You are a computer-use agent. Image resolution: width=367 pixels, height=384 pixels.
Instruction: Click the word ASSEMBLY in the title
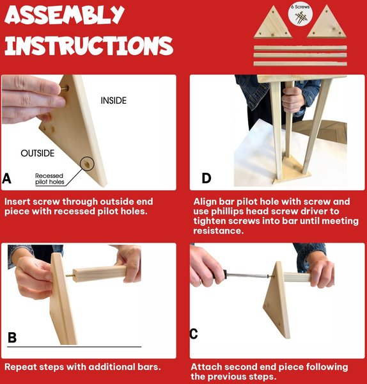click(65, 15)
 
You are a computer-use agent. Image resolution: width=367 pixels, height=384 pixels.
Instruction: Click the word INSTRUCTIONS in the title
click(89, 45)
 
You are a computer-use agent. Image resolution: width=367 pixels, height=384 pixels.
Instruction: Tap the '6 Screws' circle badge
click(301, 14)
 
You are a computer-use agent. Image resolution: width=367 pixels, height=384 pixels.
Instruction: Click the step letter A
click(6, 179)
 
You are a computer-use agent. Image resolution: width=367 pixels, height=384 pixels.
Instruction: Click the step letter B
click(12, 337)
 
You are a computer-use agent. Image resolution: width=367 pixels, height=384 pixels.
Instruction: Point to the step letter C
click(194, 333)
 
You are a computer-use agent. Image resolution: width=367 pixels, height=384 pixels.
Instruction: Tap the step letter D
click(207, 178)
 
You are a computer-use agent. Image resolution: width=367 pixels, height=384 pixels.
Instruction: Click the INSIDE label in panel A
click(114, 100)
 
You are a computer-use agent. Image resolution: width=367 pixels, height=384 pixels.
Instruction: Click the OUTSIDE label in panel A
click(38, 154)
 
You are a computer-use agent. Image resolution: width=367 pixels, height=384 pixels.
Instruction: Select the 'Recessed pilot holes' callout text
click(49, 179)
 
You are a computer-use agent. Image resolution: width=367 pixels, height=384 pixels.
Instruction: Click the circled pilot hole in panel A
click(87, 164)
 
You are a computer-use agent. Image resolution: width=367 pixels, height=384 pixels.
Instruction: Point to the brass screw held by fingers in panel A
click(65, 88)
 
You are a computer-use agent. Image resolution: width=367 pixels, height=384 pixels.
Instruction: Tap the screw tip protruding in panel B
click(70, 275)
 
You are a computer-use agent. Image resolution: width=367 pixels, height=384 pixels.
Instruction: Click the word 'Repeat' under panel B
click(21, 367)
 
